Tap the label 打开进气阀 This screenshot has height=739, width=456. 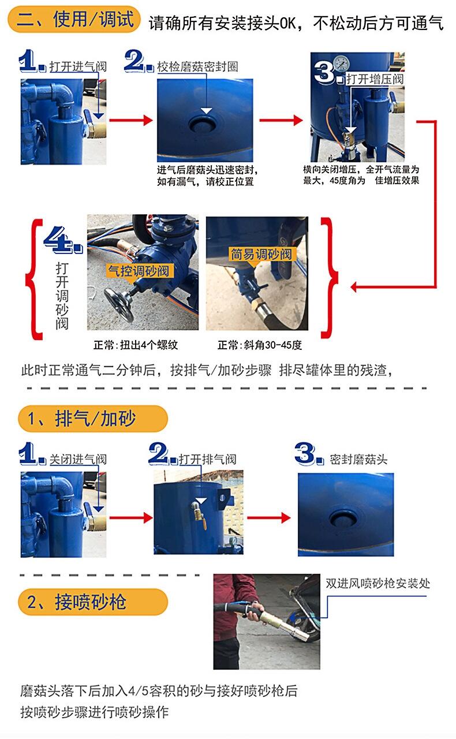(78, 66)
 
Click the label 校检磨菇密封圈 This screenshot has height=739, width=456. (197, 66)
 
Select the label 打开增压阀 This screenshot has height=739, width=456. (375, 79)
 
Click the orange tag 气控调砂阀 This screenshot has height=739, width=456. (139, 271)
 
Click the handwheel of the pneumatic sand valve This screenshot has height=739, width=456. (119, 304)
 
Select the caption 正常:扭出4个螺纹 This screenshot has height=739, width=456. (136, 345)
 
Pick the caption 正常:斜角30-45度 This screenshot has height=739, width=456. (260, 345)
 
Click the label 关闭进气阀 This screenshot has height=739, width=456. (78, 459)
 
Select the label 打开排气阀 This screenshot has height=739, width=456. (208, 459)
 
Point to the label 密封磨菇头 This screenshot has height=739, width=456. (358, 459)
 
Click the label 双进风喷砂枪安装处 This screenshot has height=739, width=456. (378, 583)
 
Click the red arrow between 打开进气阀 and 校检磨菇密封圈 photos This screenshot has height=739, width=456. (131, 120)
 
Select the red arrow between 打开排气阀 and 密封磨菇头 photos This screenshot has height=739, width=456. (268, 518)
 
